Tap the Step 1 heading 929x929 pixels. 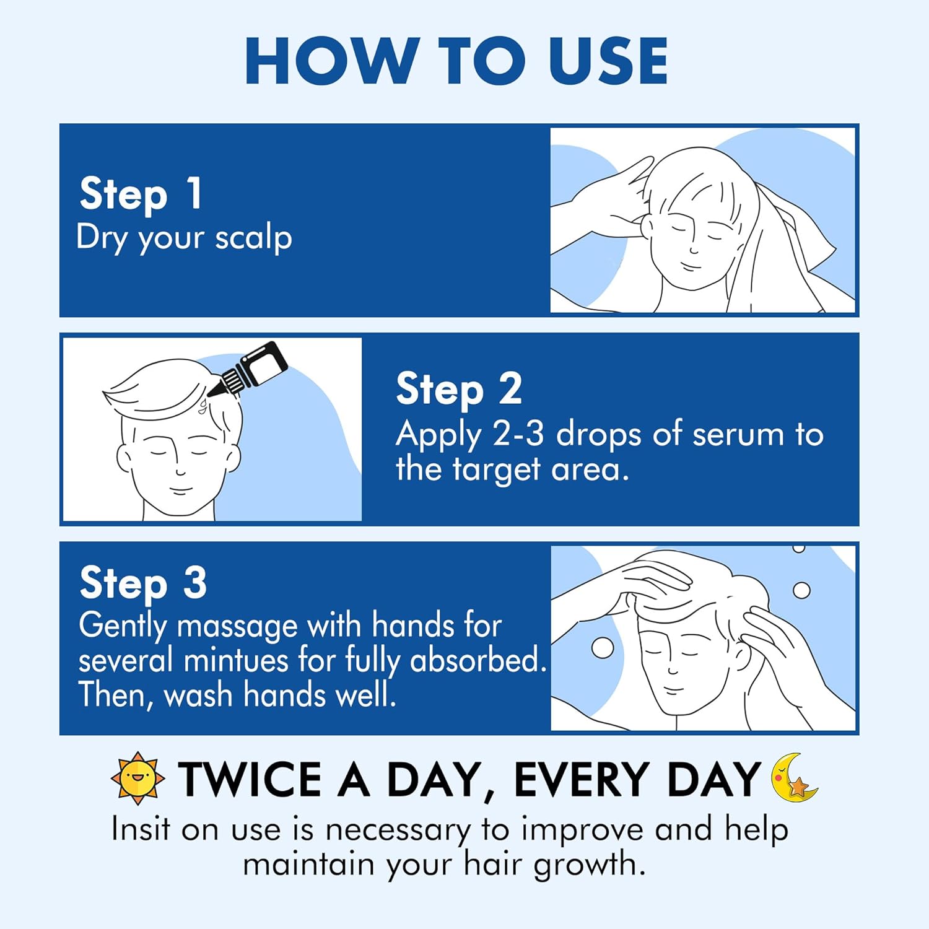pyautogui.click(x=141, y=194)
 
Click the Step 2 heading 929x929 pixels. pyautogui.click(x=459, y=390)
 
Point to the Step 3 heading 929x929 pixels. pyautogui.click(x=143, y=583)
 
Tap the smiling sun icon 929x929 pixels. pyautogui.click(x=137, y=779)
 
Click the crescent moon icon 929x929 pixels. pyautogui.click(x=793, y=778)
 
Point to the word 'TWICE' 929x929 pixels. pyautogui.click(x=250, y=779)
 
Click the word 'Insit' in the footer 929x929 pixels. pyautogui.click(x=141, y=829)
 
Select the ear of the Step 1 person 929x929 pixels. pyautogui.click(x=646, y=226)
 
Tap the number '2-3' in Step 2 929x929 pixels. pyautogui.click(x=518, y=434)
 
